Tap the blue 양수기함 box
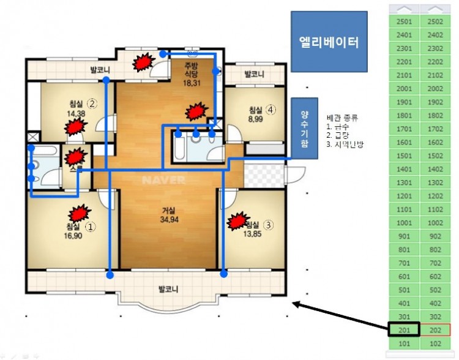click(x=305, y=128)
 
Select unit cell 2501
click(x=404, y=21)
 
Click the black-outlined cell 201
click(x=404, y=329)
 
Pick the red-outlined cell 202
click(x=435, y=329)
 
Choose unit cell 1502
click(x=435, y=156)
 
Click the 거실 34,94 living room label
click(x=166, y=214)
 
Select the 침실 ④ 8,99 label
click(x=256, y=115)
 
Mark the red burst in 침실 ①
click(x=78, y=213)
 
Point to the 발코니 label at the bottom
click(x=166, y=289)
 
